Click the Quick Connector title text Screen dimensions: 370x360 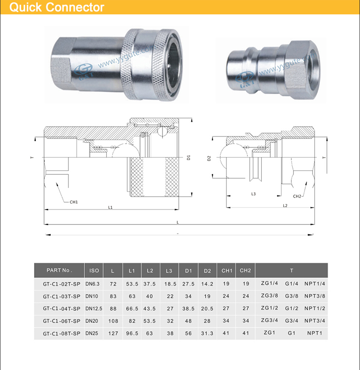coord(57,8)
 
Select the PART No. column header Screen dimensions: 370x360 coord(59,270)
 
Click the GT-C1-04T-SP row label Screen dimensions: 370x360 coord(61,308)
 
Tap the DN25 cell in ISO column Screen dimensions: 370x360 coord(94,334)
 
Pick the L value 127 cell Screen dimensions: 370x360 coord(113,334)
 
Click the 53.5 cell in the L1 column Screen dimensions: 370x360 coord(132,283)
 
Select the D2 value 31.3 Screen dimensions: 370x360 coord(207,334)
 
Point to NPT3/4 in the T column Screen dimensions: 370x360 coord(315,321)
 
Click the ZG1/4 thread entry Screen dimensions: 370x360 coord(270,283)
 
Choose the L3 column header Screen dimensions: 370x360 coord(169,270)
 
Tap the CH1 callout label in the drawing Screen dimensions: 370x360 coord(74,202)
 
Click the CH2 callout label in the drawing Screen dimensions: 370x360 coord(297,196)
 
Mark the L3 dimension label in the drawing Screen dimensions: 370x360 coord(253,194)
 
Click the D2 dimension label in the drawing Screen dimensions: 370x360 coord(209,159)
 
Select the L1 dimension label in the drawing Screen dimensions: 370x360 coord(110,207)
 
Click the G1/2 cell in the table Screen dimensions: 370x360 coord(292,308)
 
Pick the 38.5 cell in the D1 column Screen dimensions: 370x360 coord(188,308)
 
